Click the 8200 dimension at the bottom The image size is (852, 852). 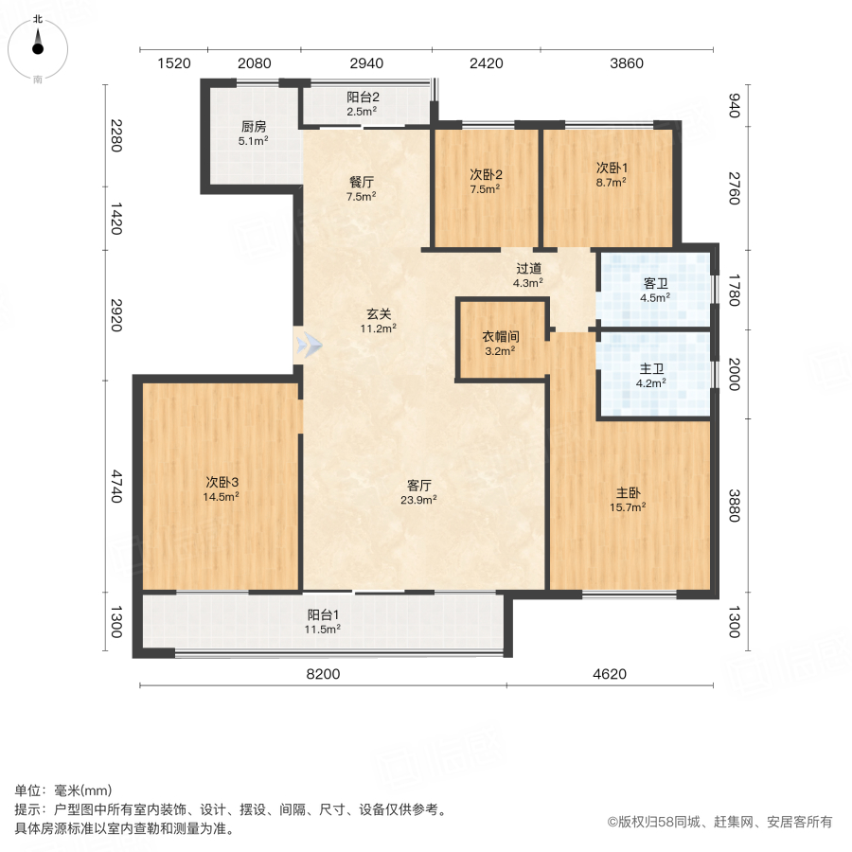tap(323, 674)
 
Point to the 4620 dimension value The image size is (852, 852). tap(609, 674)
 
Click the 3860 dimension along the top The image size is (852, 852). tap(627, 63)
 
